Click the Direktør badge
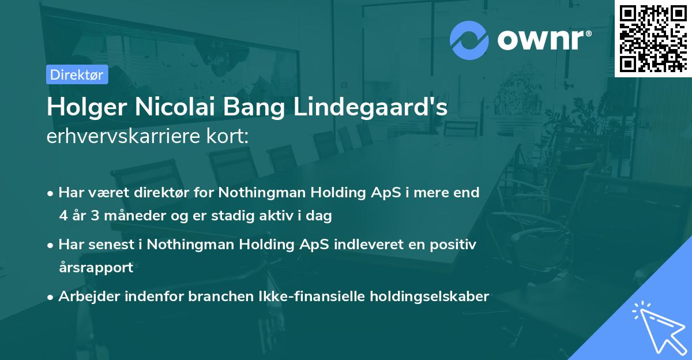[77, 74]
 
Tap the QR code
[653, 38]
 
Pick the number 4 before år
[63, 216]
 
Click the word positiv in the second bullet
[454, 245]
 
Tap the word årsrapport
[96, 268]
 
